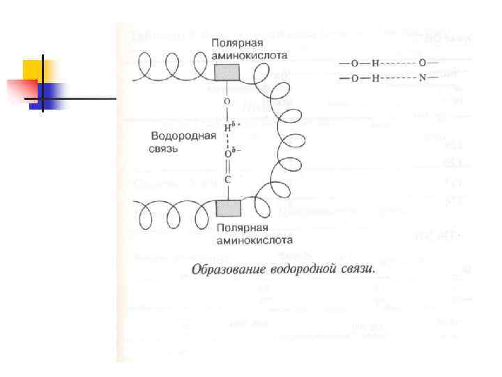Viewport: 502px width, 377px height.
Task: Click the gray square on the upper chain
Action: pyautogui.click(x=227, y=73)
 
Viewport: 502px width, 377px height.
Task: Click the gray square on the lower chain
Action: pyautogui.click(x=227, y=209)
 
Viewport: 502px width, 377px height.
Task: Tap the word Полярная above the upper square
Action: pyautogui.click(x=237, y=43)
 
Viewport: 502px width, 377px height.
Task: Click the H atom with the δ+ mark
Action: pyautogui.click(x=227, y=128)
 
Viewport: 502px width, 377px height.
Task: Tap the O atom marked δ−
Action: pyautogui.click(x=227, y=154)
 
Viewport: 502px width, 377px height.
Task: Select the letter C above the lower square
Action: pyautogui.click(x=227, y=179)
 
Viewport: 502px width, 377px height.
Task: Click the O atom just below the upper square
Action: pyautogui.click(x=227, y=102)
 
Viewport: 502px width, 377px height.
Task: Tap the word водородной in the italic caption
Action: pyautogui.click(x=305, y=268)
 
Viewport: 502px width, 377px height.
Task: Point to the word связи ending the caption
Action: pyautogui.click(x=358, y=268)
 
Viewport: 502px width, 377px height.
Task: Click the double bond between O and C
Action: pyautogui.click(x=227, y=167)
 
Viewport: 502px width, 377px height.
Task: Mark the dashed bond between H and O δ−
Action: pyautogui.click(x=227, y=141)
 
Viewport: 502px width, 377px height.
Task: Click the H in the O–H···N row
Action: pyautogui.click(x=375, y=77)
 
